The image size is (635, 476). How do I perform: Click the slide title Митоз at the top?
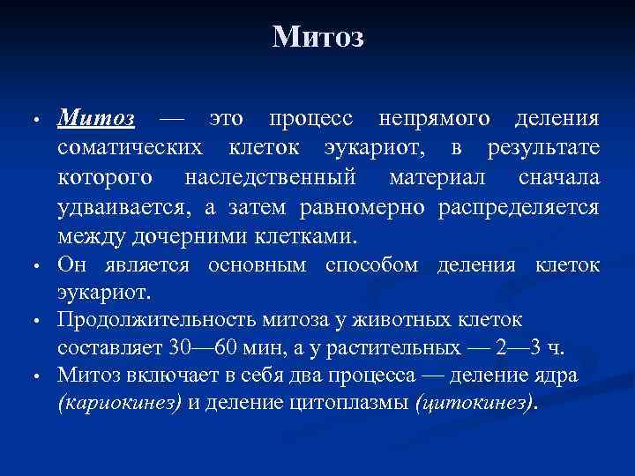pos(317,37)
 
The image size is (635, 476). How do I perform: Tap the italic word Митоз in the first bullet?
pos(96,118)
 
